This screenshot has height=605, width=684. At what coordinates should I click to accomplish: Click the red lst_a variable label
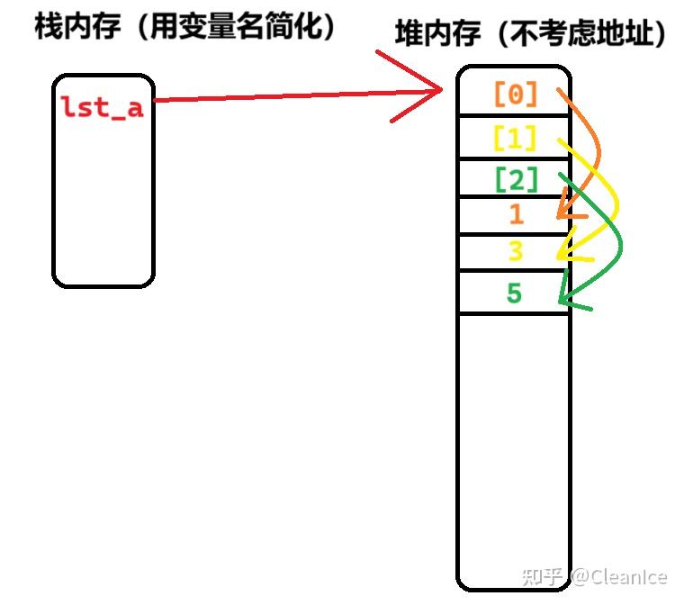[102, 107]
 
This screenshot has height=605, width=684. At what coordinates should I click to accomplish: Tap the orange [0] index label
[516, 93]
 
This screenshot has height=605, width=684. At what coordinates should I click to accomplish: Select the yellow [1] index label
[515, 138]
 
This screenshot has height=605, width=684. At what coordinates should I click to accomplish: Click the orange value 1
[516, 214]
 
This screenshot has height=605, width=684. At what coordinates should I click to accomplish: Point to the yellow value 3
[516, 251]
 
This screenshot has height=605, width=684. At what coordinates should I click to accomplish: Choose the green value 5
[514, 293]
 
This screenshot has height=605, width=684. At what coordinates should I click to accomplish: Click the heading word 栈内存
[76, 27]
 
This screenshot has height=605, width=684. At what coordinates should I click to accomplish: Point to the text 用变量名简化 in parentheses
[229, 27]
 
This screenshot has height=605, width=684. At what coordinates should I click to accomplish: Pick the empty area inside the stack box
[103, 207]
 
